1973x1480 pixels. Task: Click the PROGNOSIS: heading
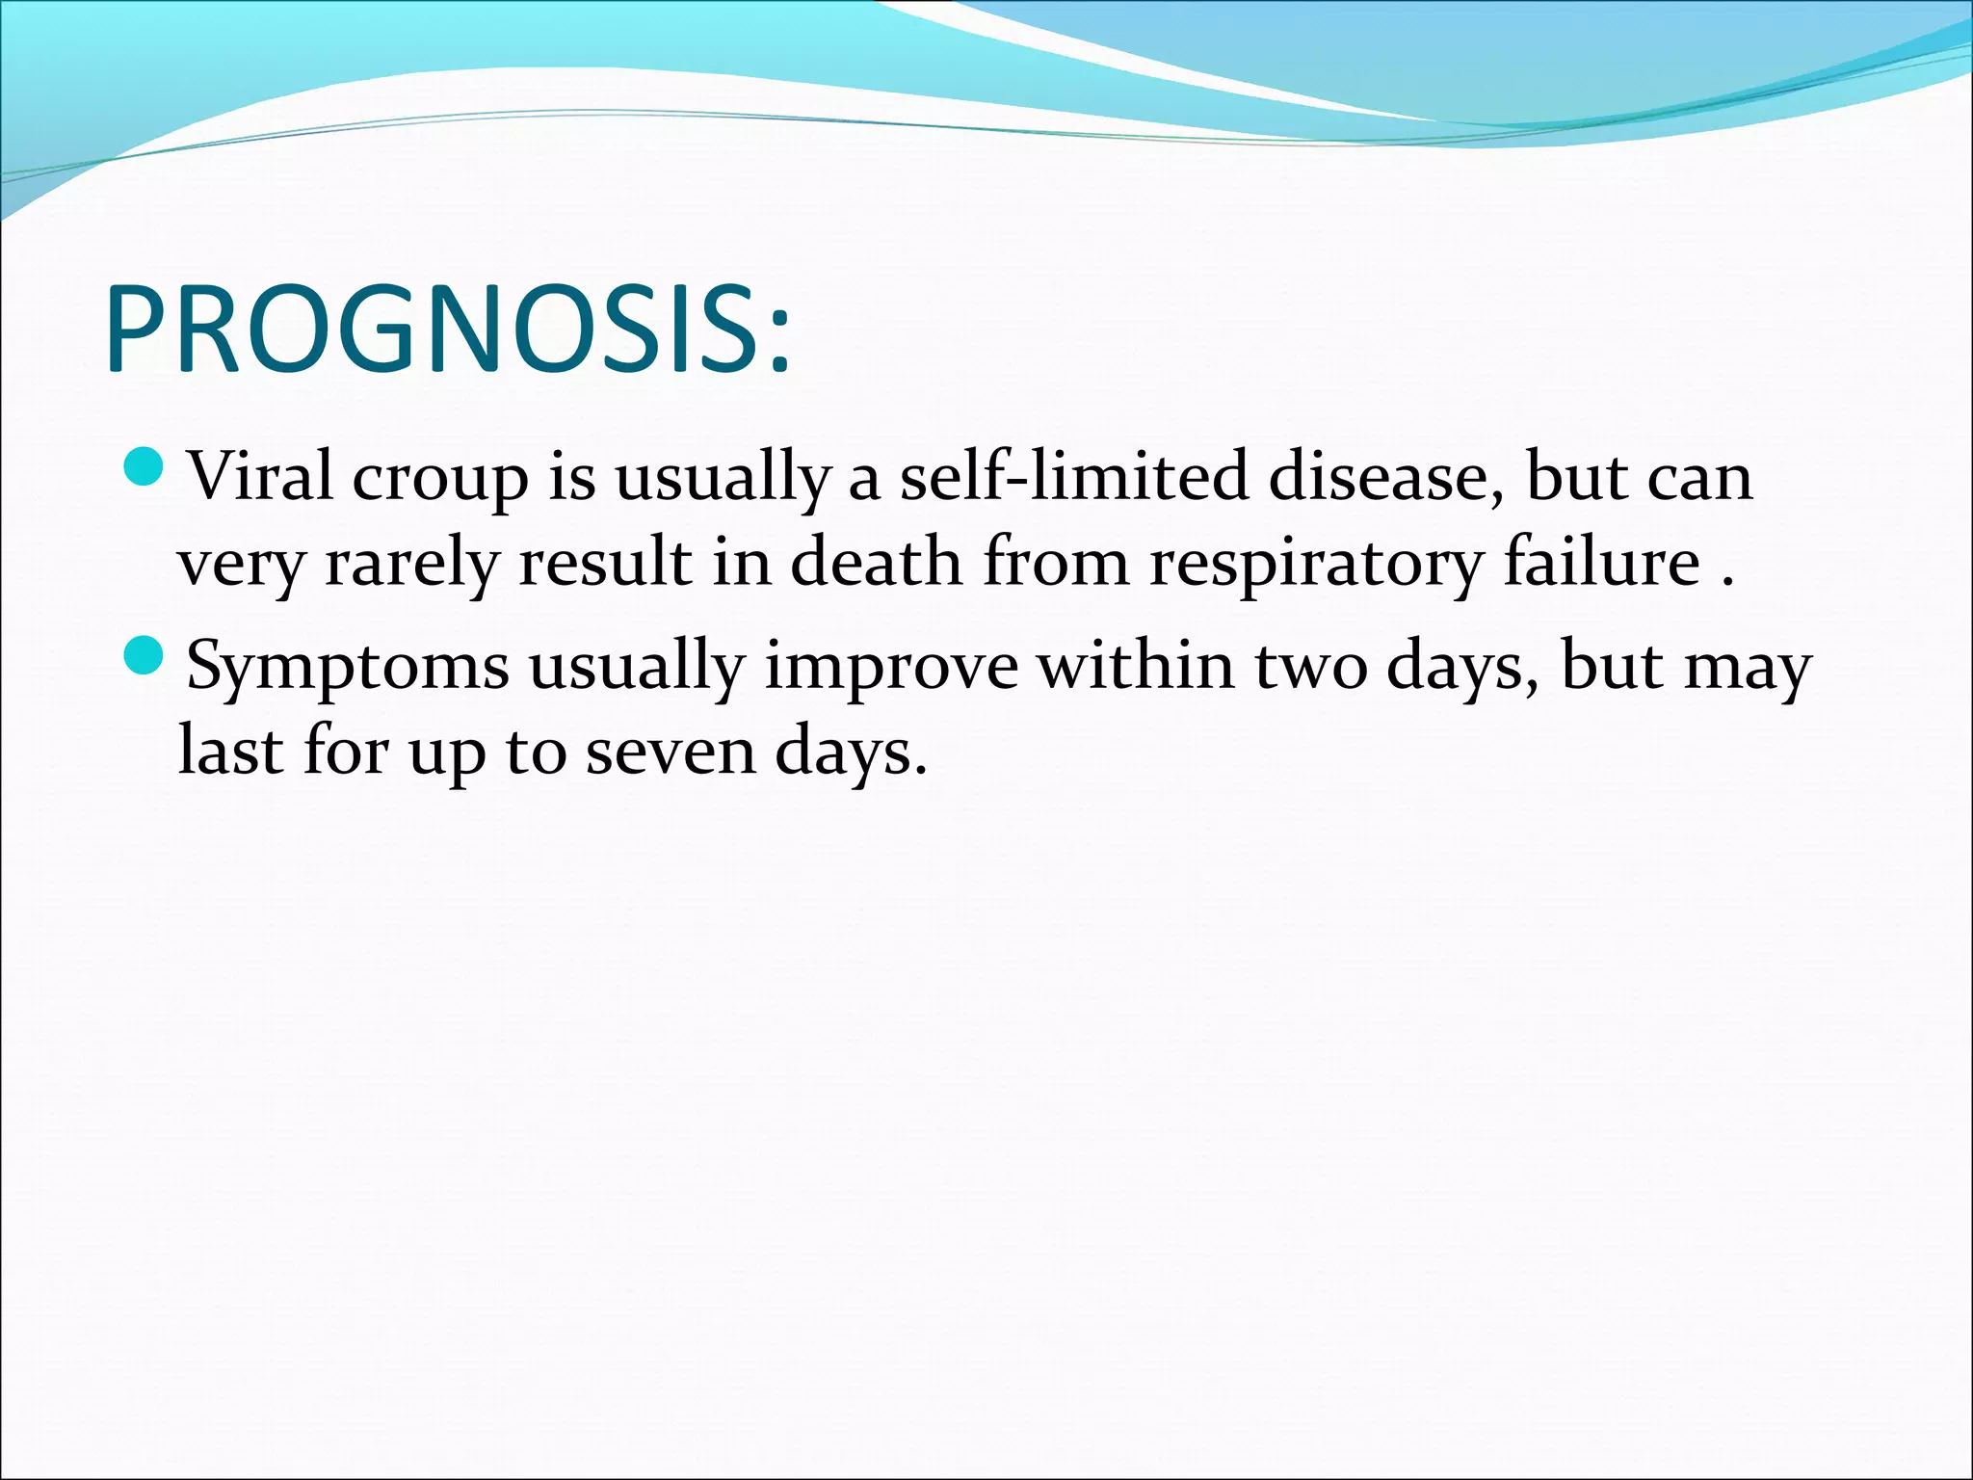448,330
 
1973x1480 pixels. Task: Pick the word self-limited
1073,476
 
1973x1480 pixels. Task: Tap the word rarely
411,565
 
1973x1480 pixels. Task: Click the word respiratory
1316,565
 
